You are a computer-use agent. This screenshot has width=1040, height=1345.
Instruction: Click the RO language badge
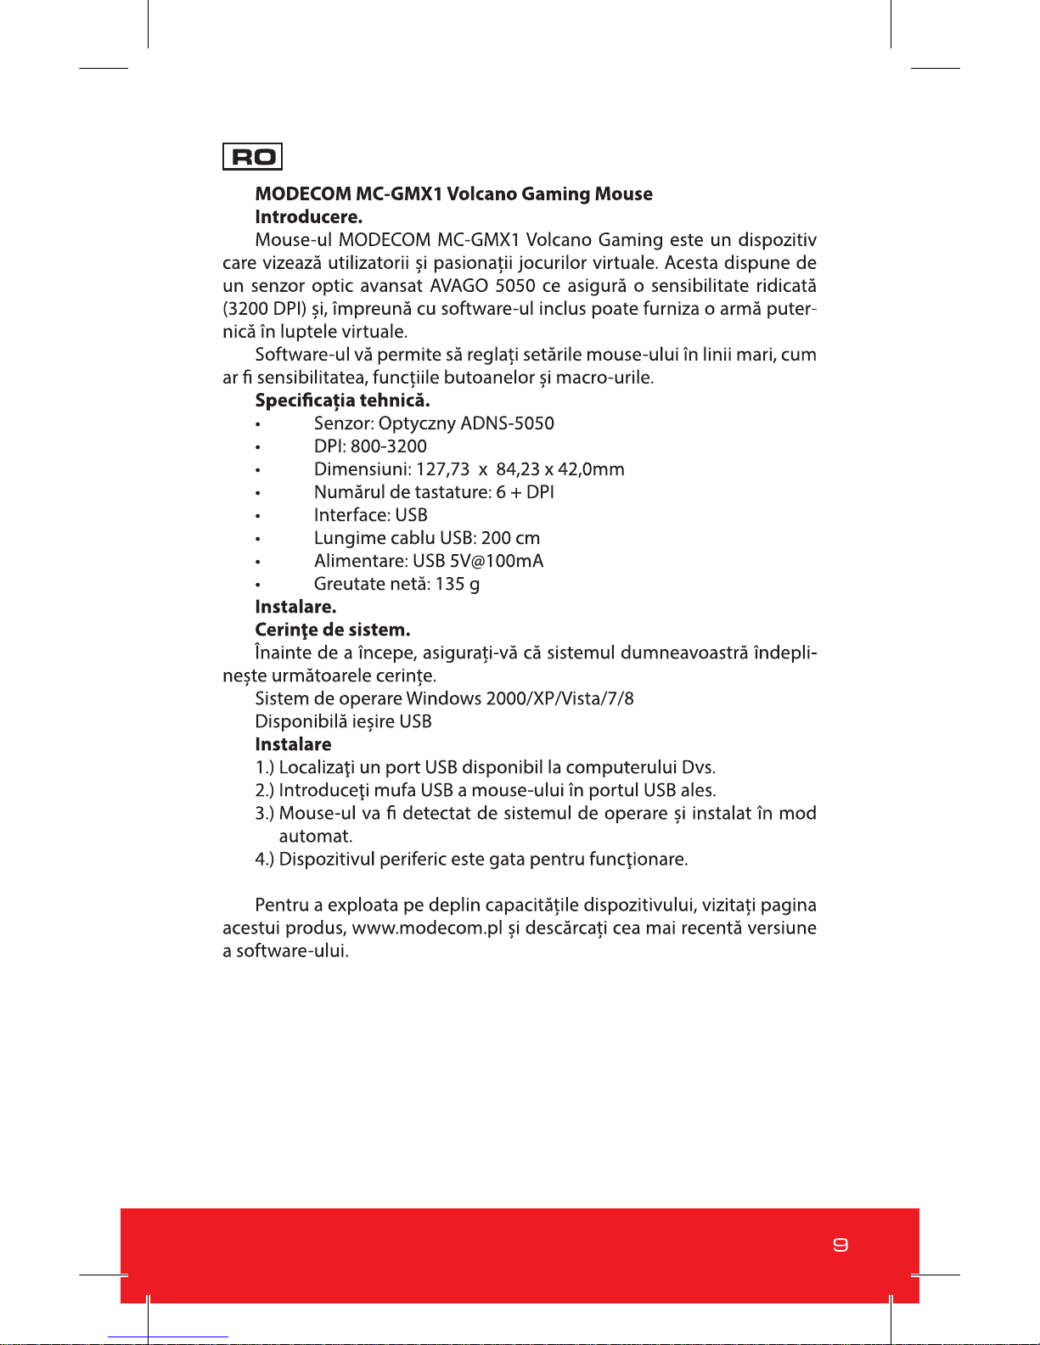[252, 157]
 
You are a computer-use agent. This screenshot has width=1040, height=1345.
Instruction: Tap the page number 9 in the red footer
[840, 1245]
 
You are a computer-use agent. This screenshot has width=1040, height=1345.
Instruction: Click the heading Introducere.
[308, 217]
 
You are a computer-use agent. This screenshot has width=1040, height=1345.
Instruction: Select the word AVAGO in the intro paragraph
[458, 286]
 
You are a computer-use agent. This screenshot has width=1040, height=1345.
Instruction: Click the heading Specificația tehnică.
[342, 401]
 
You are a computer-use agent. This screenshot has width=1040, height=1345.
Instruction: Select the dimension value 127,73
[442, 469]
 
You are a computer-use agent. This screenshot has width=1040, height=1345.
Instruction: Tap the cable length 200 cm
[510, 538]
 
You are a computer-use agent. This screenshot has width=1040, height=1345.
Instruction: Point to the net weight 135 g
[458, 584]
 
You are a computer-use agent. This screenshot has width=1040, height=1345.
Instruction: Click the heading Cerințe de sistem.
[332, 630]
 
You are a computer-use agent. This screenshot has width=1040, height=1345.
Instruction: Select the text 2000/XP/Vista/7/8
[559, 698]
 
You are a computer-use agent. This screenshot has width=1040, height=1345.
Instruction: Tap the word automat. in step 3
[315, 836]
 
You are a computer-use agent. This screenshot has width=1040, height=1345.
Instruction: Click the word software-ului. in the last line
[292, 951]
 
